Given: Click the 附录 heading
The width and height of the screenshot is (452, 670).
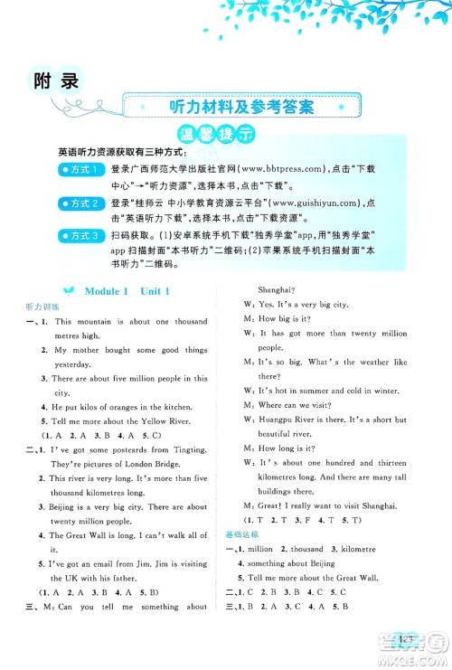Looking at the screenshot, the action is pos(55,82).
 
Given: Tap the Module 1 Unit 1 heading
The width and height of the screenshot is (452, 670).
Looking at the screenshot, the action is pos(127,290).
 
